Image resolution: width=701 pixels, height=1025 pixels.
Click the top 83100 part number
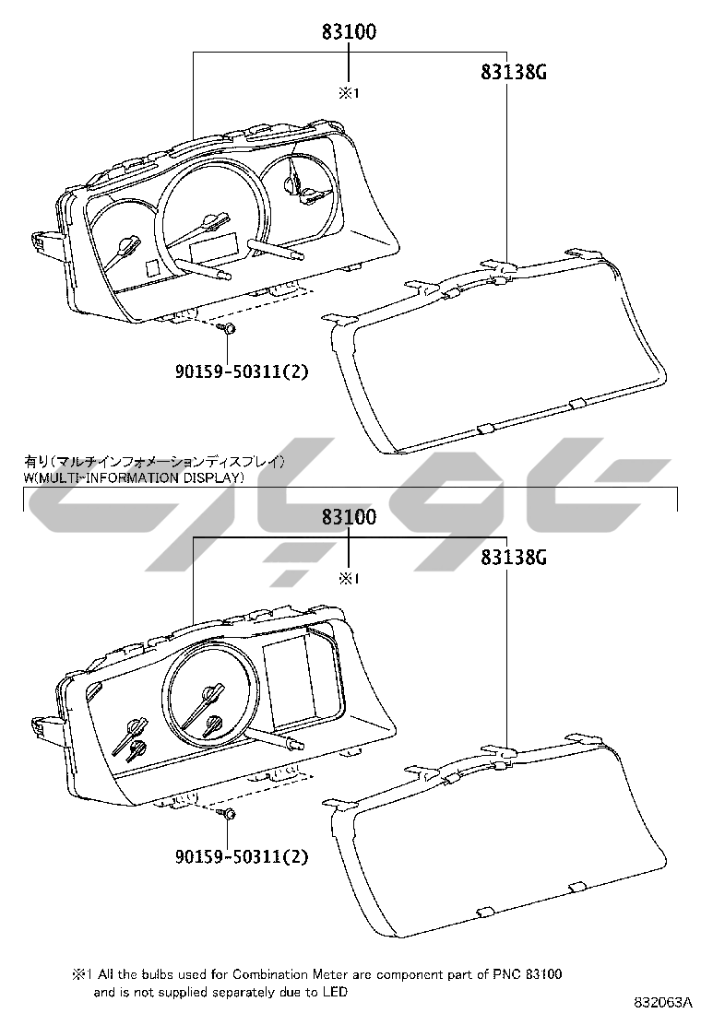click(349, 31)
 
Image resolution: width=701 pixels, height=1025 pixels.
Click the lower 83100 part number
click(349, 516)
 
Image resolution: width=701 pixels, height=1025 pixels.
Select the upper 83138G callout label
click(514, 72)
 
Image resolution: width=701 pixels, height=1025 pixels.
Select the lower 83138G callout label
click(514, 557)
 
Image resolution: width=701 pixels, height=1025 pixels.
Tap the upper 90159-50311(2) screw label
click(242, 372)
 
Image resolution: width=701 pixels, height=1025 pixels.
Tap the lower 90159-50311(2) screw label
click(242, 856)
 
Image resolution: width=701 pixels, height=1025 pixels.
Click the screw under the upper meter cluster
click(228, 329)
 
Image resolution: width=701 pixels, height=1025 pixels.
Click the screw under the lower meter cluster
click(228, 814)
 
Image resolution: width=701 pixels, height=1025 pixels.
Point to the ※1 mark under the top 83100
click(349, 93)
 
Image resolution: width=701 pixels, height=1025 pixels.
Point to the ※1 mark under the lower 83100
click(349, 579)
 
